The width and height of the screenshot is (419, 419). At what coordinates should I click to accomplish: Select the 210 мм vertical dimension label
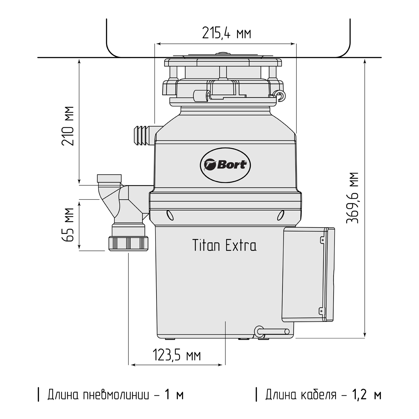pyautogui.click(x=68, y=126)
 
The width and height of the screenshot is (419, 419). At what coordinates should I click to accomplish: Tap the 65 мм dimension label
pyautogui.click(x=68, y=225)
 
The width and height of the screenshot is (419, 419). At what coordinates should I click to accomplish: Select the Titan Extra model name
pyautogui.click(x=225, y=245)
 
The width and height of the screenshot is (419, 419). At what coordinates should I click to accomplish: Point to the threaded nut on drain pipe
pyautogui.click(x=128, y=244)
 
